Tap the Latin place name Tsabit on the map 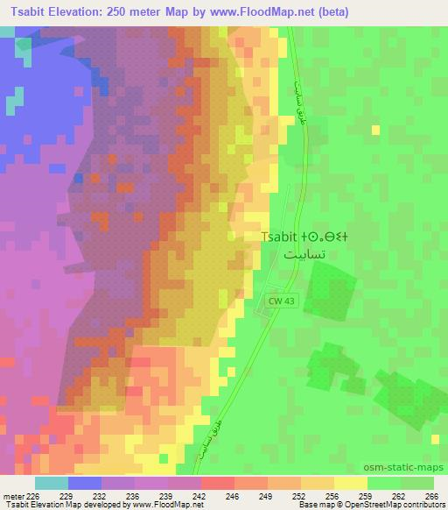283,237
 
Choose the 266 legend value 431,495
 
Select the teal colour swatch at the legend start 52,483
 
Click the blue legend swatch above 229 85,483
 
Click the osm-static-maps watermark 404,467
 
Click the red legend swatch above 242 217,483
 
